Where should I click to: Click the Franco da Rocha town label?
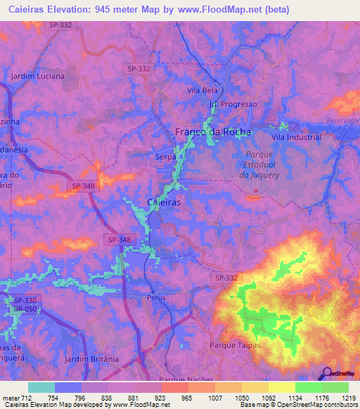tap(212, 132)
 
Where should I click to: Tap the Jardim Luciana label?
tap(38, 76)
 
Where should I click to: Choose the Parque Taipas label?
tap(235, 345)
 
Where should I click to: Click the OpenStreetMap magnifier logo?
tap(325, 373)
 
